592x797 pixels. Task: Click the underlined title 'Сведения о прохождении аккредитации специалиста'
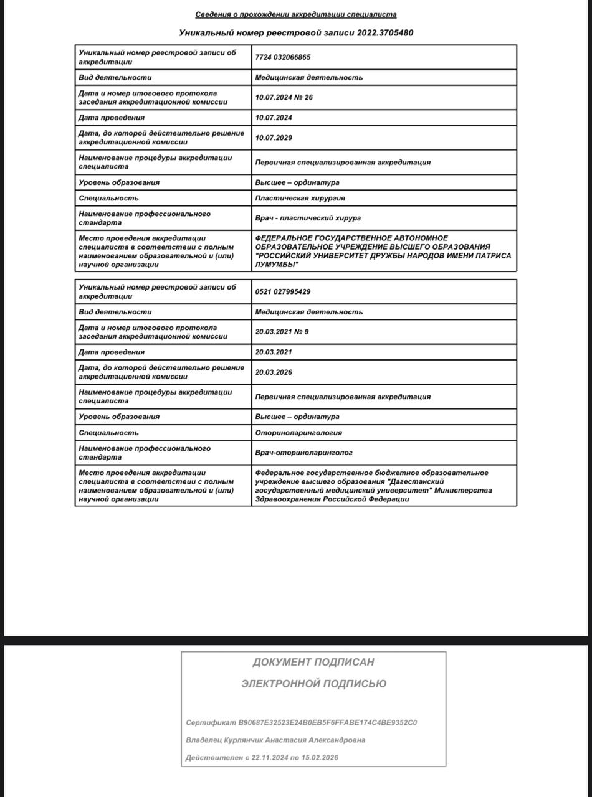[295, 14]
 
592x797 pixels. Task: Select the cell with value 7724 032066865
[283, 57]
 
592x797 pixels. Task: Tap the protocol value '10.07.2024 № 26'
[284, 98]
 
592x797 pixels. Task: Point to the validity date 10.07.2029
[274, 138]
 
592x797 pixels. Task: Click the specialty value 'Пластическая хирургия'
[300, 198]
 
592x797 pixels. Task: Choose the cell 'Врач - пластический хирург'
[308, 218]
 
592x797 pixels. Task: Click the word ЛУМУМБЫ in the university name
[274, 265]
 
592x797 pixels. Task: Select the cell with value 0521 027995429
[283, 291]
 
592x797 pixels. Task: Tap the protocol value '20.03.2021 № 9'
[282, 332]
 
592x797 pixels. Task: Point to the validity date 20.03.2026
[274, 372]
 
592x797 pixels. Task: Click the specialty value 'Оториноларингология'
[298, 433]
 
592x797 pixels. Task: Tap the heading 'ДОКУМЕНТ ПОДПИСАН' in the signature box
[313, 663]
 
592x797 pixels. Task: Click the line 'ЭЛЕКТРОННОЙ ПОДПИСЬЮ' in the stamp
[313, 684]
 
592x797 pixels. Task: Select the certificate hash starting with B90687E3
[328, 723]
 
